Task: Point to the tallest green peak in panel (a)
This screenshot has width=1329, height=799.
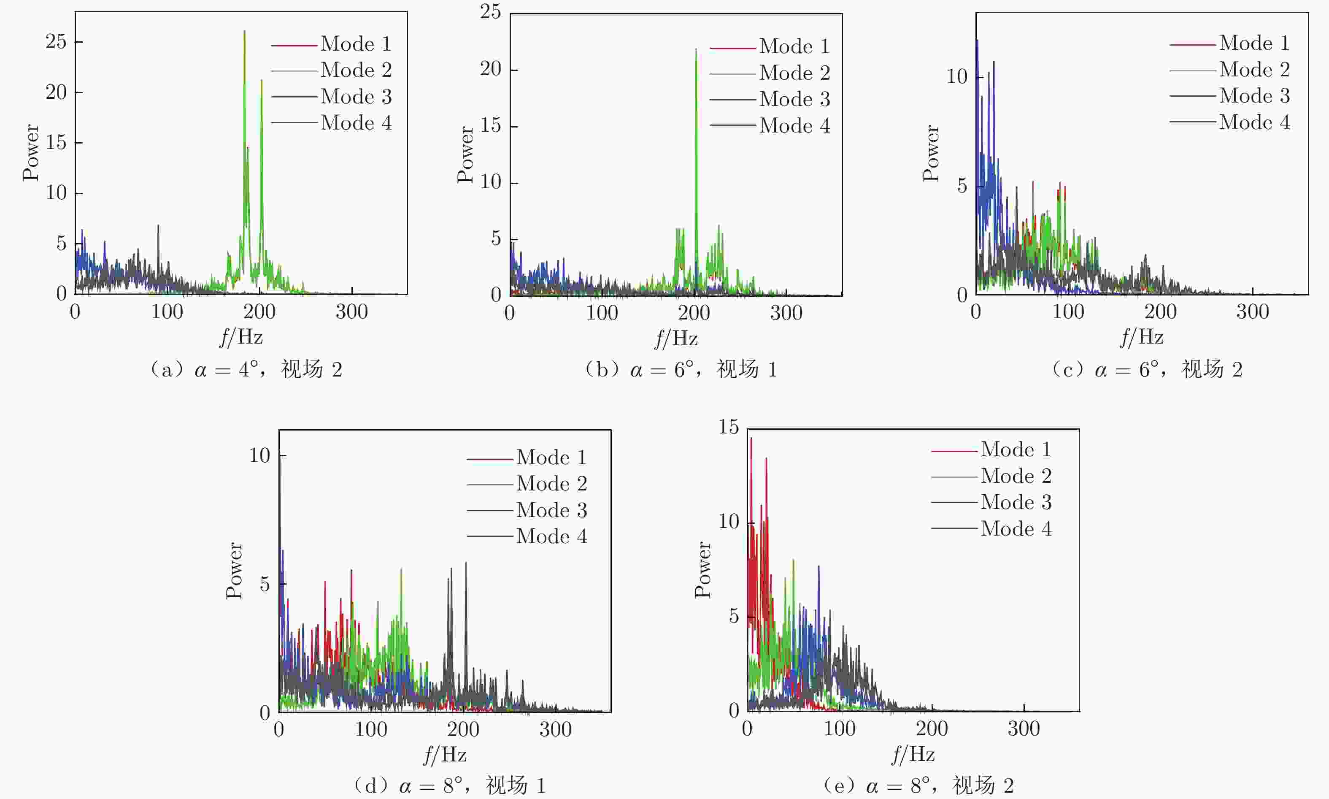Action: pos(244,32)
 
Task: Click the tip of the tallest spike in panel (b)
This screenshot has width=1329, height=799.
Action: pos(696,49)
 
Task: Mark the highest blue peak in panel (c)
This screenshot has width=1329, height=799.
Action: pos(977,41)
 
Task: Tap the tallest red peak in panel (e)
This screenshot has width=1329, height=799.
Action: pos(751,438)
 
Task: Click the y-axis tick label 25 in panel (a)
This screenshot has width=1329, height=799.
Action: pos(56,41)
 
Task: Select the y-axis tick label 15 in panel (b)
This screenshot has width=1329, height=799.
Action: pos(490,126)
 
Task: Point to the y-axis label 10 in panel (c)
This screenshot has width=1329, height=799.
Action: pos(956,77)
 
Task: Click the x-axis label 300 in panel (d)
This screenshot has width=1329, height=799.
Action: pos(555,729)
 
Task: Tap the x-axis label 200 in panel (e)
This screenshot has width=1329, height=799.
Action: pos(932,729)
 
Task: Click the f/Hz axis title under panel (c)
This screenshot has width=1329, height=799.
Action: pos(1142,338)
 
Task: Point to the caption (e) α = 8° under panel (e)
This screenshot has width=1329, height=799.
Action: pos(918,785)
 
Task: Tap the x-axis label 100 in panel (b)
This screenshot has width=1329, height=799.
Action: pos(602,313)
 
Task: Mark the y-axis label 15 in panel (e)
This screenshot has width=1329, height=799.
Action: pos(729,427)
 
